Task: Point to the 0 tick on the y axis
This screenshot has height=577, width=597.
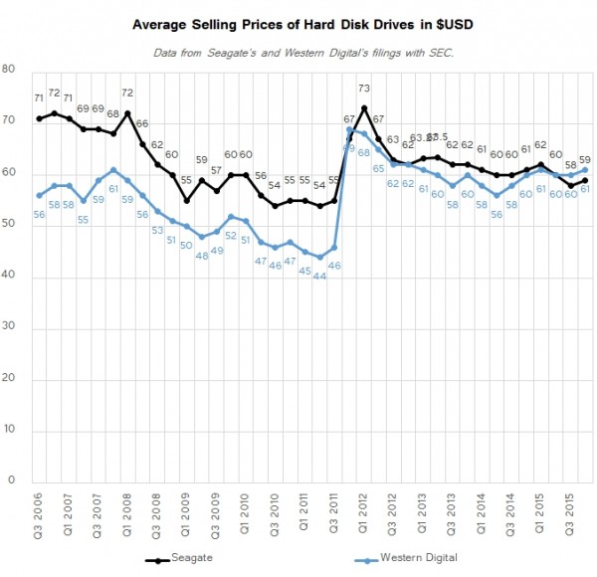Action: click(x=11, y=482)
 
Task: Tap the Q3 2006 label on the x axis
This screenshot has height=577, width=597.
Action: click(x=38, y=514)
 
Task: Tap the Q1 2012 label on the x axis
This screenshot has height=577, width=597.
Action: click(x=365, y=514)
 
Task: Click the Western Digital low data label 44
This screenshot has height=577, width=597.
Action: click(x=320, y=275)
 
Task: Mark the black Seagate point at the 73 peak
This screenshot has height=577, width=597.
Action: click(x=365, y=107)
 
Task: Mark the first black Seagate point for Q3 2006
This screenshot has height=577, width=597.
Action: click(x=38, y=118)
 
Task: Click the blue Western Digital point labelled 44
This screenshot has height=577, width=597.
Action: click(x=320, y=257)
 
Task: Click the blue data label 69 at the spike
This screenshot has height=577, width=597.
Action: click(x=349, y=147)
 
